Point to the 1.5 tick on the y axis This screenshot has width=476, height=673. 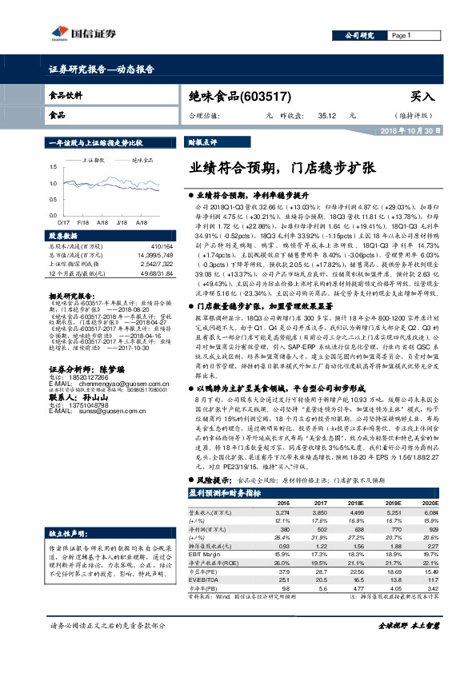pyautogui.click(x=53, y=167)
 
